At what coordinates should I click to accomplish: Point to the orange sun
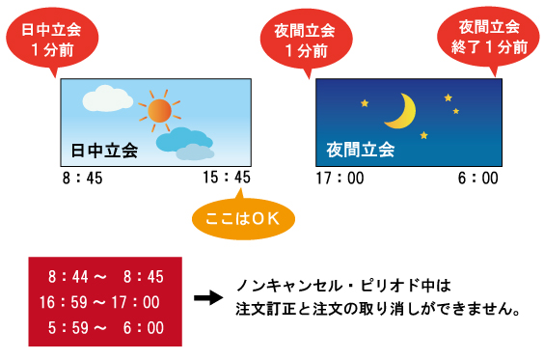point(158,111)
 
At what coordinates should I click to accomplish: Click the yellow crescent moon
point(399,111)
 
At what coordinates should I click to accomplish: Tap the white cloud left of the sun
point(106,98)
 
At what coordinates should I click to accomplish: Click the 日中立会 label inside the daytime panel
point(104,150)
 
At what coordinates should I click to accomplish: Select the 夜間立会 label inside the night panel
point(361,150)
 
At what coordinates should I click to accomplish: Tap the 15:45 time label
point(227,179)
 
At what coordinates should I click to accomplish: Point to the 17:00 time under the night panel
point(340,179)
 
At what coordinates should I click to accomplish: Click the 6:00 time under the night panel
point(478,179)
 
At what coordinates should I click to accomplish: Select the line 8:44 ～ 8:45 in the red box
point(105,277)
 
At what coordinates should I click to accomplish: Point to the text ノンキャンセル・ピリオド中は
point(344,287)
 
